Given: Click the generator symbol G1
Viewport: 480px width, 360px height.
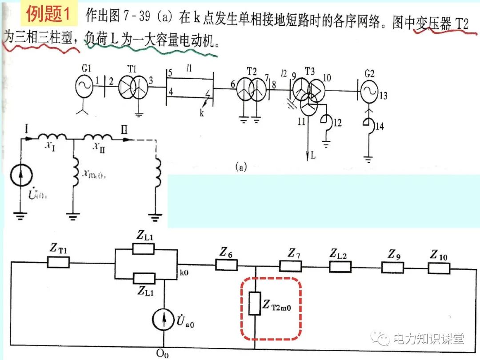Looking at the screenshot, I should point(84,87).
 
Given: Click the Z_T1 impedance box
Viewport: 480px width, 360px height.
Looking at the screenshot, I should point(58,263).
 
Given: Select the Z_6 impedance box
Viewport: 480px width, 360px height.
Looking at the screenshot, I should point(226,265).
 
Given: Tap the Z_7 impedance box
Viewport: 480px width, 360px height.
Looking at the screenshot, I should point(290,266).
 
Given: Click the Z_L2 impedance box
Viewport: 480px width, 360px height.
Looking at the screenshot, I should point(340,267).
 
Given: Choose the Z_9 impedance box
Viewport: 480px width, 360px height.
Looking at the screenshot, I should point(393,267).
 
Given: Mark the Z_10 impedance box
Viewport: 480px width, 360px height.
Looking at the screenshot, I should point(439,268).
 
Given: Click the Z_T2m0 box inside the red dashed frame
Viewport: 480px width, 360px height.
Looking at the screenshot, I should point(254,304).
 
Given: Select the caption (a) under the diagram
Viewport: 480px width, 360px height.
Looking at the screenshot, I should point(242,168).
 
